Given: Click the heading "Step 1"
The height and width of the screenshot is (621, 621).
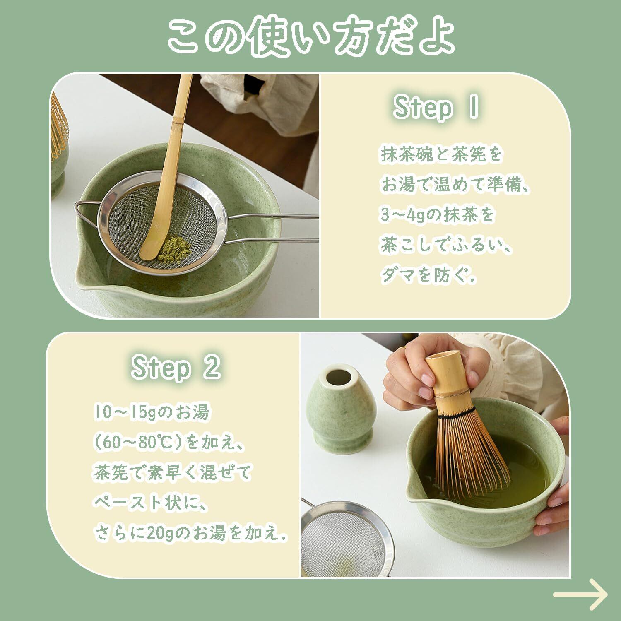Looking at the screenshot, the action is [436, 108].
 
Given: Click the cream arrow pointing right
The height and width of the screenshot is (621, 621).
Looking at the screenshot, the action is [580, 595].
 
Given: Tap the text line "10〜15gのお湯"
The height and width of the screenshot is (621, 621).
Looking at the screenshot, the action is [151, 413].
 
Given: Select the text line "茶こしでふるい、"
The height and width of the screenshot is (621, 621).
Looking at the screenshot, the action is [446, 246].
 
